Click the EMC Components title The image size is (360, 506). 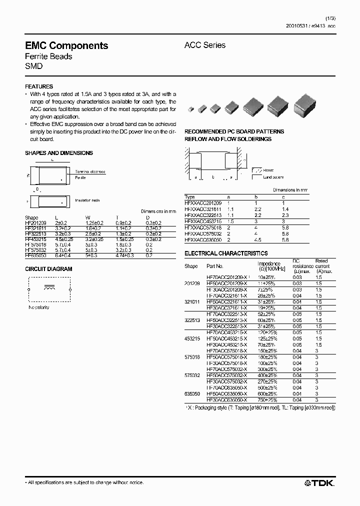click(x=66, y=45)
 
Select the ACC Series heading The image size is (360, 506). click(x=205, y=45)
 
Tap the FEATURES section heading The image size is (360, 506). click(x=39, y=86)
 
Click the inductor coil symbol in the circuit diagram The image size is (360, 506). click(x=49, y=288)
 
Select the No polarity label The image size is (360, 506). click(x=39, y=307)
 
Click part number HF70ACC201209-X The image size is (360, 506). click(x=226, y=277)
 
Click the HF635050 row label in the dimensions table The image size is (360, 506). click(x=35, y=255)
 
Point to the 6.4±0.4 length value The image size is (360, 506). click(x=63, y=255)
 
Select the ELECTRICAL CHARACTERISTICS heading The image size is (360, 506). click(x=226, y=253)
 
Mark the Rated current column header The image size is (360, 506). click(x=322, y=263)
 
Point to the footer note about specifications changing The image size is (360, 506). click(x=84, y=482)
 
